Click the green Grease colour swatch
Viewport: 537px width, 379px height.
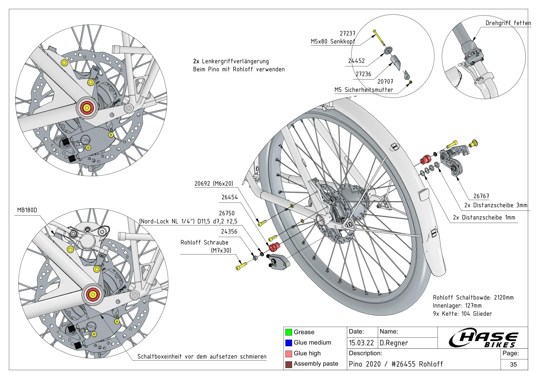288,332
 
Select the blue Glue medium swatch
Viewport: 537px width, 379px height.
288,343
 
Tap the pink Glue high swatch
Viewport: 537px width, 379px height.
288,353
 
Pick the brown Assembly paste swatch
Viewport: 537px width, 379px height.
288,364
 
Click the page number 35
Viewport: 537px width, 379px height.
513,364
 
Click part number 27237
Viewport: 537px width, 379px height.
347,34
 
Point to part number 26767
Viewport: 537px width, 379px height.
481,196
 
